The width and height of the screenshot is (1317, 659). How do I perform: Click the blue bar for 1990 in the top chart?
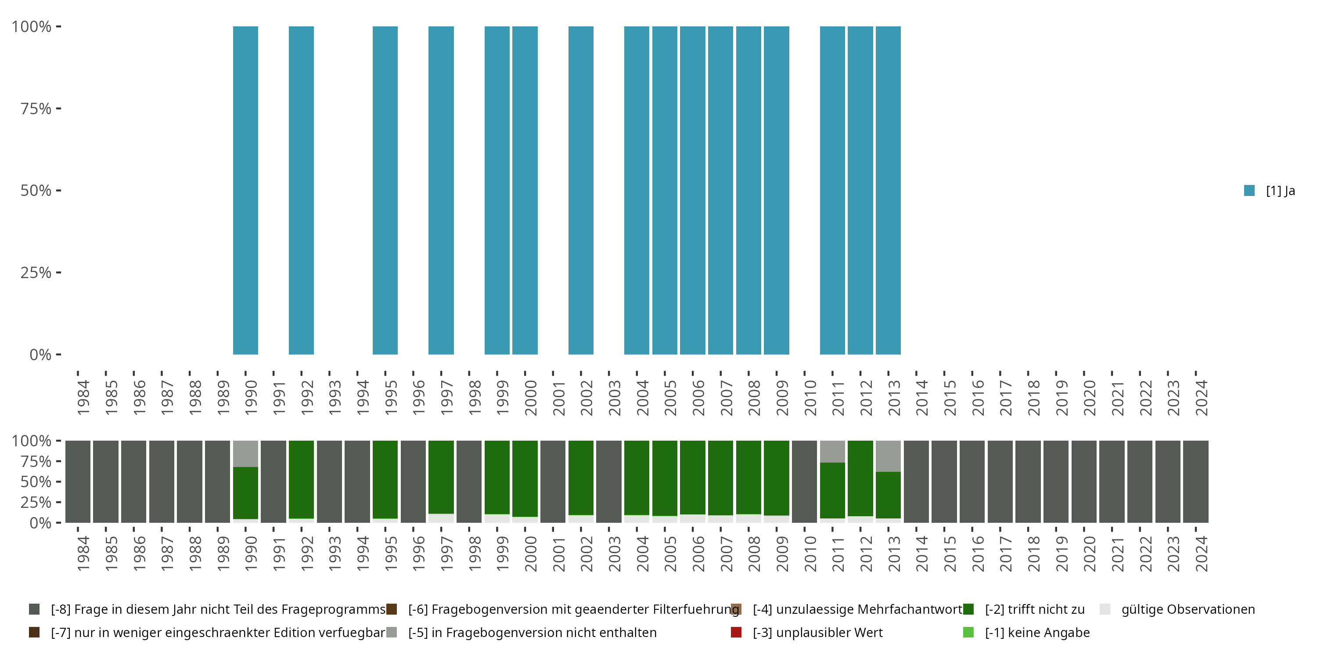point(245,190)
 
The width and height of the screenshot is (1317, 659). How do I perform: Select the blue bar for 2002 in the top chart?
point(581,190)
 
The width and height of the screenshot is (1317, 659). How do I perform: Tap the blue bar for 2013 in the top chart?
point(888,190)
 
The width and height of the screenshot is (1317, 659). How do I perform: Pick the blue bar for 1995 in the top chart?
point(385,190)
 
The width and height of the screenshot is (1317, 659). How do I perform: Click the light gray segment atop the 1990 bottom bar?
point(245,453)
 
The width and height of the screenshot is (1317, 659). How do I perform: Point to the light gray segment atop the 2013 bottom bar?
point(888,456)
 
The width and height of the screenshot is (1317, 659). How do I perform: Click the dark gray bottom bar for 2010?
point(804,482)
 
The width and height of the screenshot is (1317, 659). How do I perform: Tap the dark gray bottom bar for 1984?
point(78,482)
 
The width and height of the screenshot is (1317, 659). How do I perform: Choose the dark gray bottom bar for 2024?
point(1195,482)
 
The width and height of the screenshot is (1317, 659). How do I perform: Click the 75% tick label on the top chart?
point(36,109)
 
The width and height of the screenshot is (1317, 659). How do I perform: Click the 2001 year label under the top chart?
point(558,398)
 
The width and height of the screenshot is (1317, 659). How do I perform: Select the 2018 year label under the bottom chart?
point(1033,554)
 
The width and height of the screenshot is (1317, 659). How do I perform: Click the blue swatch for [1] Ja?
point(1249,190)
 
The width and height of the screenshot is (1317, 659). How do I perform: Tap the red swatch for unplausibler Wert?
point(736,632)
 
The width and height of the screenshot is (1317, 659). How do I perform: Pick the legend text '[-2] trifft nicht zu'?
point(1035,609)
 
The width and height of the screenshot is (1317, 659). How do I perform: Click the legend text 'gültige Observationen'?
point(1187,609)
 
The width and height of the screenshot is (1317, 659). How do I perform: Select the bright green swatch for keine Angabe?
point(968,632)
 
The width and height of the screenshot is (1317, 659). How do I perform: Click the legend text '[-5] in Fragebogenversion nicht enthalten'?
point(532,632)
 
